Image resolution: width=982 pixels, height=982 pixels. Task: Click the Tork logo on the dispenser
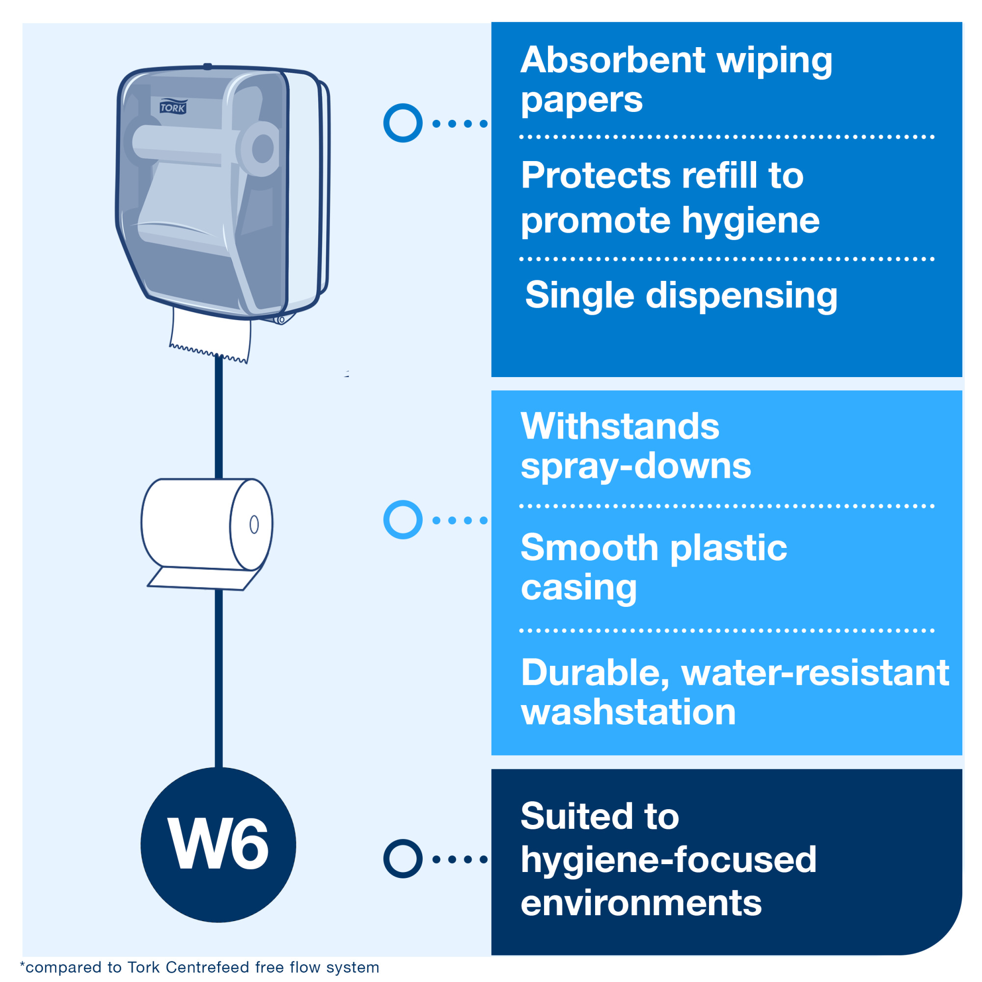(173, 107)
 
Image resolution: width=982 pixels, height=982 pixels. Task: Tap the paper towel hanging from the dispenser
(211, 333)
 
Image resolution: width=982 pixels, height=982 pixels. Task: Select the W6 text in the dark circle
(218, 845)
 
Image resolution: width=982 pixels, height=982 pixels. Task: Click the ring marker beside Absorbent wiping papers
(403, 123)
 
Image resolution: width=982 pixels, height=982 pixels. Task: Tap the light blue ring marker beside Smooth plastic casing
(403, 519)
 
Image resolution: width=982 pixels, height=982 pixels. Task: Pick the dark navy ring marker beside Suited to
(403, 859)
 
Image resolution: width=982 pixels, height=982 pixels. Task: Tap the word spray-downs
(635, 466)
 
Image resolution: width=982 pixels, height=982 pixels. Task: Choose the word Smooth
(590, 548)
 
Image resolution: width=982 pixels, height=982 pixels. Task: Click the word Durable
(595, 673)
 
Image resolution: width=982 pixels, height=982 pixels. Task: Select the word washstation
(628, 711)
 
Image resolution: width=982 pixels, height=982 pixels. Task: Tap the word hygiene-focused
(668, 860)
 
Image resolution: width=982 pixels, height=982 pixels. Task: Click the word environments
(641, 903)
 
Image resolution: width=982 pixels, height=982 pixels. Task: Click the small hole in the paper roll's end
(254, 524)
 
